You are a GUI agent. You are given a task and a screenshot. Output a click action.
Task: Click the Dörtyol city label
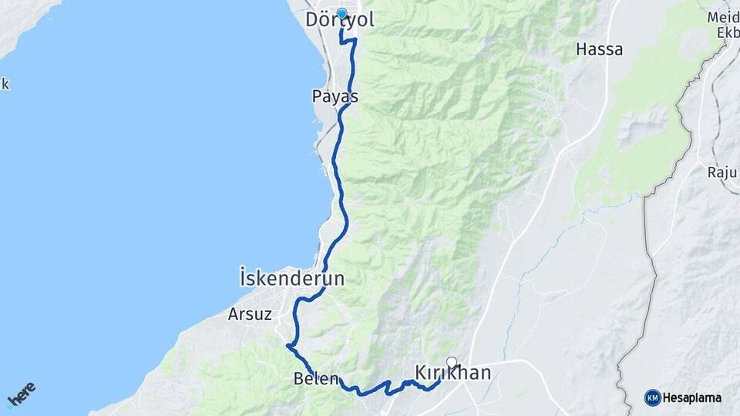point(340,20)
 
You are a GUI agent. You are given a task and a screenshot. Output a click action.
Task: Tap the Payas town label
point(335,97)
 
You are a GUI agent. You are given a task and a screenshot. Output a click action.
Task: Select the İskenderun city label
point(291,278)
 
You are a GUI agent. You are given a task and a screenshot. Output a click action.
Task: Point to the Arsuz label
point(247,314)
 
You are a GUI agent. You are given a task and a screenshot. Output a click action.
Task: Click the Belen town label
point(316,378)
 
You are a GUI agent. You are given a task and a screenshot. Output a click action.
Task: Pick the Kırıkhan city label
point(453,373)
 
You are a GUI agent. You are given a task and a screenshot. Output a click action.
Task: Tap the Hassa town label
point(598,50)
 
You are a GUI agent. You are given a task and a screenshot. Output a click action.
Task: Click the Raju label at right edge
point(723,172)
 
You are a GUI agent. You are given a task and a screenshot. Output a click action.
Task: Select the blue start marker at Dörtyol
point(341,13)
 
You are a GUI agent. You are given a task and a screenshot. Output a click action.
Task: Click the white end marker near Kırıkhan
point(452,361)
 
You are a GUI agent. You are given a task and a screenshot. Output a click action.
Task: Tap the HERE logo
point(22,394)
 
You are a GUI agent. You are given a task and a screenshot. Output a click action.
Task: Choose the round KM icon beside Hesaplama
point(652,398)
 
